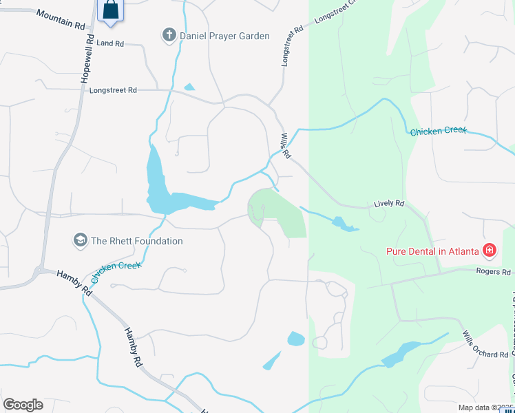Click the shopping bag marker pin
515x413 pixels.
point(110,10)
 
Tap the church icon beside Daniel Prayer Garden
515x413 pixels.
point(169,35)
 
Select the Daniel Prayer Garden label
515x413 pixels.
point(224,36)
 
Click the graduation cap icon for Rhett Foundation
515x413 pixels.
point(81,241)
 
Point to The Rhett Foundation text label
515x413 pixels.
point(137,241)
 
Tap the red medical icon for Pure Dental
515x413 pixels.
point(490,251)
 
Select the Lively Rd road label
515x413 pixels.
point(389,204)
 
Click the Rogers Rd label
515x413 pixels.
point(494,272)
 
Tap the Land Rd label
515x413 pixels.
point(110,43)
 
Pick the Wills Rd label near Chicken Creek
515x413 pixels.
point(286,145)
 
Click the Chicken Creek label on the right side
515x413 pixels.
point(439,131)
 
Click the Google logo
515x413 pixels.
point(23,405)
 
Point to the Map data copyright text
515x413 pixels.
point(485,407)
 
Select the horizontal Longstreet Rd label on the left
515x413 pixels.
point(113,89)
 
